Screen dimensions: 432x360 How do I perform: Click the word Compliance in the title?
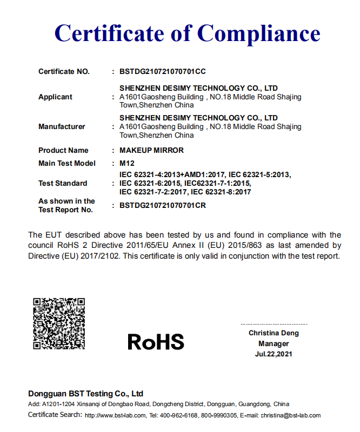(x=258, y=33)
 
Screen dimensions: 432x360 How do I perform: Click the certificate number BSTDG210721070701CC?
(x=162, y=71)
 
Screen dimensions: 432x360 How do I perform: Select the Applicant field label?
(x=55, y=97)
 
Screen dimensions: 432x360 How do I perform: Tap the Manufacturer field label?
(x=62, y=126)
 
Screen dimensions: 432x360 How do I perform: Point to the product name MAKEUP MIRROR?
(x=151, y=150)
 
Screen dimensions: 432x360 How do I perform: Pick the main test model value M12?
(x=126, y=163)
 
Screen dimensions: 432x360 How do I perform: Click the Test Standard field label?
(x=63, y=183)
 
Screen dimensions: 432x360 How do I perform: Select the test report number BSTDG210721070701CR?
(x=162, y=205)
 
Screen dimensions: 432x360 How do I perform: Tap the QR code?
(x=59, y=323)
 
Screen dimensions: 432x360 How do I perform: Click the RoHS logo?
(x=156, y=341)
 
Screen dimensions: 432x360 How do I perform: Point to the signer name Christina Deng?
(x=274, y=333)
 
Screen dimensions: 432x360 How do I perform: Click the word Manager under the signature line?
(x=274, y=343)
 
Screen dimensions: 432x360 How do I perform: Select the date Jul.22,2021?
(x=274, y=354)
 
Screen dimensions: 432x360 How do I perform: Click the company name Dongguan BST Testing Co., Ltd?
(x=85, y=394)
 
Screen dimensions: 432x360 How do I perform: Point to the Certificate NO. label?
(x=64, y=71)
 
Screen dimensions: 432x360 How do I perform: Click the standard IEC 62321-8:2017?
(x=221, y=192)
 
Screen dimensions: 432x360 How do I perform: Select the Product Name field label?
(x=63, y=150)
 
